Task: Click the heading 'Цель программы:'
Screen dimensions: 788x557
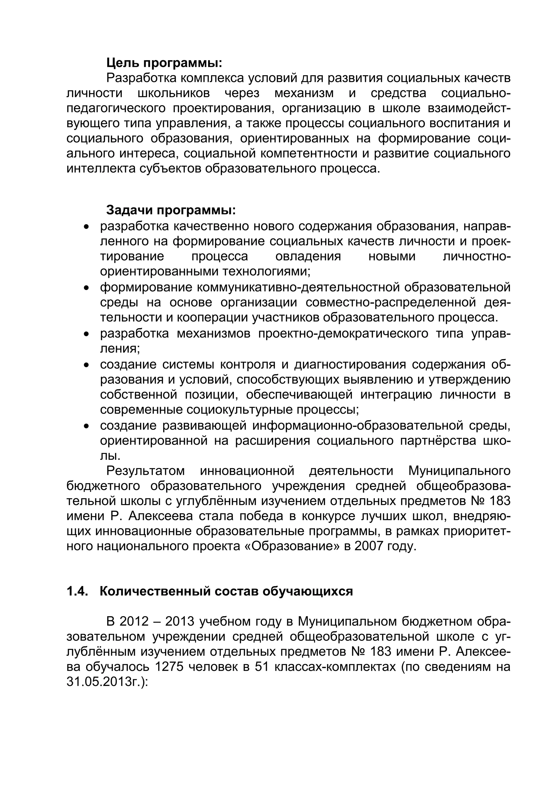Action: click(164, 63)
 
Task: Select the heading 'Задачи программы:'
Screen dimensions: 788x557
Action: click(171, 210)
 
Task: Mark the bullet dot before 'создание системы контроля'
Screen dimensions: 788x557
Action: click(86, 365)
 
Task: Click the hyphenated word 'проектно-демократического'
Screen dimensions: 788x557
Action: click(343, 333)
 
